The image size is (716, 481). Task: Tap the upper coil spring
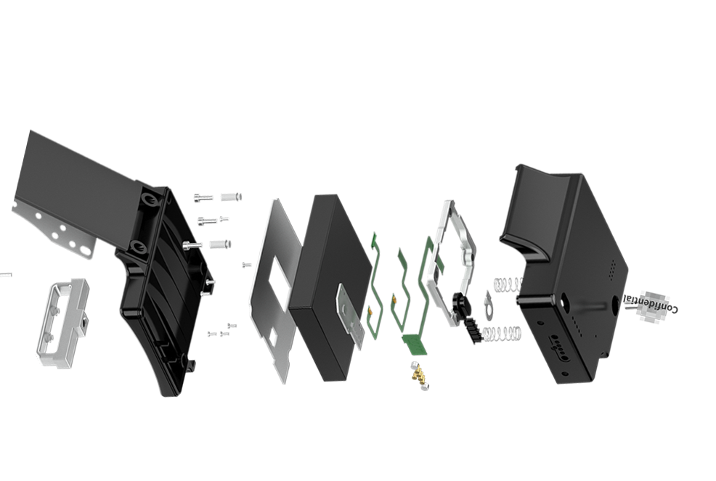coord(508,285)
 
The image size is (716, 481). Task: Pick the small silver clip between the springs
coord(489,305)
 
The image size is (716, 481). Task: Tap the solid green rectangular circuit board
coord(416,345)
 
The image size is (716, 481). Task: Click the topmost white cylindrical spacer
coord(231,197)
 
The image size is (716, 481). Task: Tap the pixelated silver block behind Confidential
coord(655,308)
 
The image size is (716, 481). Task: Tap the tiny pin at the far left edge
coord(6,275)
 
